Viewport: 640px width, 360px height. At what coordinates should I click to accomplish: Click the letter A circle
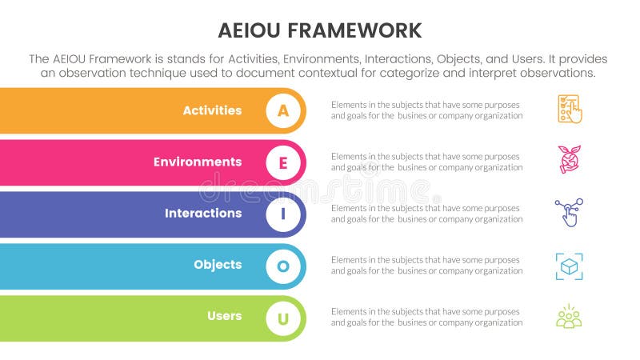pyautogui.click(x=283, y=110)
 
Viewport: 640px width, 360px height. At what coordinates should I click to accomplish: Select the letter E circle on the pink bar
pyautogui.click(x=283, y=162)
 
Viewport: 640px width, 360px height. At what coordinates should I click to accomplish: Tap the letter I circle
pyautogui.click(x=283, y=214)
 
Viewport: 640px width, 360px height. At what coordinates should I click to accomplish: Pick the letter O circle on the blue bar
pyautogui.click(x=283, y=266)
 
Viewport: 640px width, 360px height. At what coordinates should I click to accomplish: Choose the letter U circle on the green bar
pyautogui.click(x=283, y=318)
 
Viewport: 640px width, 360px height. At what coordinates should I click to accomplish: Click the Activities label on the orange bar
pyautogui.click(x=212, y=110)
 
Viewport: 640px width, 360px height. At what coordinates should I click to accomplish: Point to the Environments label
pyautogui.click(x=198, y=162)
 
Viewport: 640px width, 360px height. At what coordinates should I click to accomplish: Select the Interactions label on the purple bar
pyautogui.click(x=203, y=214)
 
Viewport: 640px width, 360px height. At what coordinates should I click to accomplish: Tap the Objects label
pyautogui.click(x=218, y=265)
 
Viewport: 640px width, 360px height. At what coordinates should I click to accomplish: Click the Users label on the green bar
pyautogui.click(x=224, y=316)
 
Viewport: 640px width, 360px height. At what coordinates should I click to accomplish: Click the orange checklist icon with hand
pyautogui.click(x=570, y=110)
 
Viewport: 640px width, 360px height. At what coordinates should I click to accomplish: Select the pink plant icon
pyautogui.click(x=570, y=160)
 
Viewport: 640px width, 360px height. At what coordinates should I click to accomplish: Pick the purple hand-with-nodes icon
pyautogui.click(x=569, y=213)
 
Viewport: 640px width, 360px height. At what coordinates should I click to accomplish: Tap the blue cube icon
pyautogui.click(x=569, y=266)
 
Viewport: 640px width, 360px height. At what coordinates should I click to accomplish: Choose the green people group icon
pyautogui.click(x=569, y=317)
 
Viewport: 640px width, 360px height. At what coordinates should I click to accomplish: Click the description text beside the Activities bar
pyautogui.click(x=426, y=110)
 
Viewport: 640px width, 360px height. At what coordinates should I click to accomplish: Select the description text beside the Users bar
pyautogui.click(x=426, y=317)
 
